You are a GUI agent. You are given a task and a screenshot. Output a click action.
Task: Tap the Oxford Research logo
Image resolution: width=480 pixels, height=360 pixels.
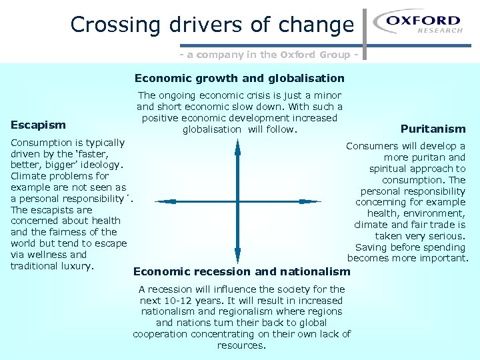(417, 23)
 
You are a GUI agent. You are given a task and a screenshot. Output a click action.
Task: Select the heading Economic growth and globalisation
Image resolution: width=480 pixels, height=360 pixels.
(239, 78)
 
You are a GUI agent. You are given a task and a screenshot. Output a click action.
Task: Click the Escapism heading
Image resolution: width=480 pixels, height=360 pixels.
(38, 125)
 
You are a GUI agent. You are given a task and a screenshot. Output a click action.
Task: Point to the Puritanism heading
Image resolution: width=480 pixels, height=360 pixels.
(433, 129)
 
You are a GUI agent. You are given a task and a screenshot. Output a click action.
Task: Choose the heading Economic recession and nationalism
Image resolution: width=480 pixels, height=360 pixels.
(241, 271)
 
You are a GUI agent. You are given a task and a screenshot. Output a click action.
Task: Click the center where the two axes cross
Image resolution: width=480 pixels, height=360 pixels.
(237, 201)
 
